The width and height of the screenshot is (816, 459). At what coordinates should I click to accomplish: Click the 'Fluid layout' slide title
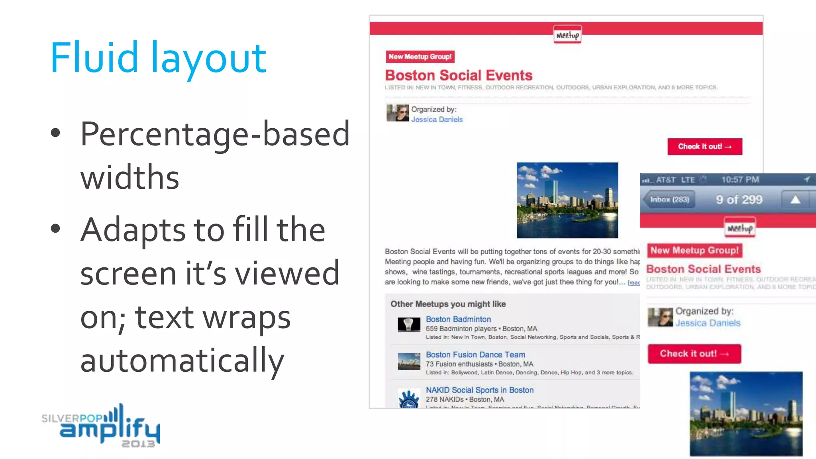tap(158, 58)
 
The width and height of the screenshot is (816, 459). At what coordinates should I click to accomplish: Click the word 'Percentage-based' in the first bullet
tap(215, 134)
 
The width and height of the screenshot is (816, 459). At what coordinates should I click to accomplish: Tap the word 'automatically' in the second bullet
tap(182, 360)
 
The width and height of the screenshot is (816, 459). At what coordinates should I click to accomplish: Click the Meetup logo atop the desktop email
tap(567, 35)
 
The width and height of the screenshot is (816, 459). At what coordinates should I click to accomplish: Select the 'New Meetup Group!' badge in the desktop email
tap(420, 57)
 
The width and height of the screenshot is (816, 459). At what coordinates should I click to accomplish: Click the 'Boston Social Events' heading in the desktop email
tap(459, 75)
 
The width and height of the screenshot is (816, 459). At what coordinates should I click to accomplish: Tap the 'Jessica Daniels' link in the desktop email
tap(437, 120)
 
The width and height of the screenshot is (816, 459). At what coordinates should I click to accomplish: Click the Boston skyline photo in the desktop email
tap(567, 200)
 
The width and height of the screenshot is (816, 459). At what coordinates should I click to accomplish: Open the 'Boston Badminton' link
tap(458, 319)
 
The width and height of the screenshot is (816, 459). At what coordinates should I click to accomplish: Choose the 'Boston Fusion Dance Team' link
tap(475, 355)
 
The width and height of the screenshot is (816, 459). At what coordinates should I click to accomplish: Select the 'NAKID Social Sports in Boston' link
tap(479, 390)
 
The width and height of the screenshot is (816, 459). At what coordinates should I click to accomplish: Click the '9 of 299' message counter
tap(739, 200)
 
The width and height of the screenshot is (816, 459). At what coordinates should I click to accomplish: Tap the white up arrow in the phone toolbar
tap(795, 200)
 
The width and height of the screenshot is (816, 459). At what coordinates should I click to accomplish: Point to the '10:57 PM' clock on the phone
tap(740, 180)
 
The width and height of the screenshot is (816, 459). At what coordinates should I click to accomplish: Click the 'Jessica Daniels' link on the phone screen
tap(708, 323)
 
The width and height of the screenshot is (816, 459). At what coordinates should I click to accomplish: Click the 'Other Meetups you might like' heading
tap(448, 304)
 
